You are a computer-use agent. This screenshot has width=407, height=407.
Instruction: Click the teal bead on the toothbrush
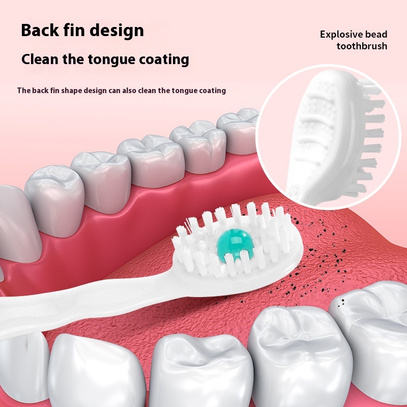[x=232, y=244]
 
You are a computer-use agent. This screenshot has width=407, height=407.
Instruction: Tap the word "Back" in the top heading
[x=40, y=31]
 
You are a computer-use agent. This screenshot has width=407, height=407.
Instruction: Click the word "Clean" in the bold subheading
[x=40, y=59]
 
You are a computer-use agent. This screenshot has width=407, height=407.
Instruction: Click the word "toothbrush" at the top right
[x=362, y=46]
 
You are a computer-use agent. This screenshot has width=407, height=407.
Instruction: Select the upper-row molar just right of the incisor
[x=55, y=200]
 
